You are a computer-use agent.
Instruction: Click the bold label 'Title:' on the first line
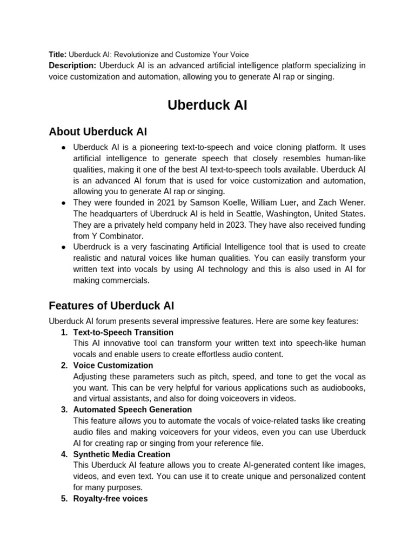pyautogui.click(x=57, y=55)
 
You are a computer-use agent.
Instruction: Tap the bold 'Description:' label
pyautogui.click(x=72, y=65)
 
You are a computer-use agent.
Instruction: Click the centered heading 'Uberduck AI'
pyautogui.click(x=207, y=105)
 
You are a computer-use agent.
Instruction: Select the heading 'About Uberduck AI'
pyautogui.click(x=98, y=131)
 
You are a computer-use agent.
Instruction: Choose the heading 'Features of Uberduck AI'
pyautogui.click(x=111, y=306)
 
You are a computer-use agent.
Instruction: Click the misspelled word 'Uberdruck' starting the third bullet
pyautogui.click(x=92, y=247)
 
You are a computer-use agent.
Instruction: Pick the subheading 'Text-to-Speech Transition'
pyautogui.click(x=123, y=332)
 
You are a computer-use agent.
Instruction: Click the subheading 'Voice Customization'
pyautogui.click(x=113, y=365)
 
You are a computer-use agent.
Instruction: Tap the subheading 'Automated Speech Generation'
pyautogui.click(x=132, y=410)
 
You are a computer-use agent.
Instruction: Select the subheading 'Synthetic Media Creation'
pyautogui.click(x=122, y=454)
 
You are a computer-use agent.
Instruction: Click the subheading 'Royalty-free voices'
pyautogui.click(x=110, y=498)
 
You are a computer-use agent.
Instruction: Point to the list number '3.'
pyautogui.click(x=64, y=410)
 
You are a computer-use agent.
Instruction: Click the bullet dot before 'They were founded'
pyautogui.click(x=63, y=202)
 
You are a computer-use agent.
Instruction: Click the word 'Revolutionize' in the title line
pyautogui.click(x=133, y=55)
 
